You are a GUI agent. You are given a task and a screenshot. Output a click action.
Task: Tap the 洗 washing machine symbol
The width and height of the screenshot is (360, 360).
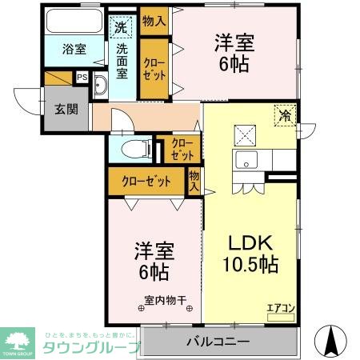[120, 26]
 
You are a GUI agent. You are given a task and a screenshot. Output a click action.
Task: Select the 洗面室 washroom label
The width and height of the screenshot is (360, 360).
[122, 60]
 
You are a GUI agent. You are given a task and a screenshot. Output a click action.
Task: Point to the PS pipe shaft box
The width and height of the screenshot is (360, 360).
[82, 78]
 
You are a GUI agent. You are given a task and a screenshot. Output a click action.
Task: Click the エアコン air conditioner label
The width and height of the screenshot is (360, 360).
[280, 307]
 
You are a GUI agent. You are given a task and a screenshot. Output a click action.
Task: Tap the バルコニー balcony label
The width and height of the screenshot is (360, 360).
[218, 342]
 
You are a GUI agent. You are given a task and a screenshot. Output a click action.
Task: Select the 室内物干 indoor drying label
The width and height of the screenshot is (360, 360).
[164, 302]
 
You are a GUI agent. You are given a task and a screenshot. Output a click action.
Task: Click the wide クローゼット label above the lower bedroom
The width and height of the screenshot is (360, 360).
[146, 181]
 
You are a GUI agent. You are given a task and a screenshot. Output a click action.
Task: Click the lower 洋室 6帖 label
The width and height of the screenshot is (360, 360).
[151, 262]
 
